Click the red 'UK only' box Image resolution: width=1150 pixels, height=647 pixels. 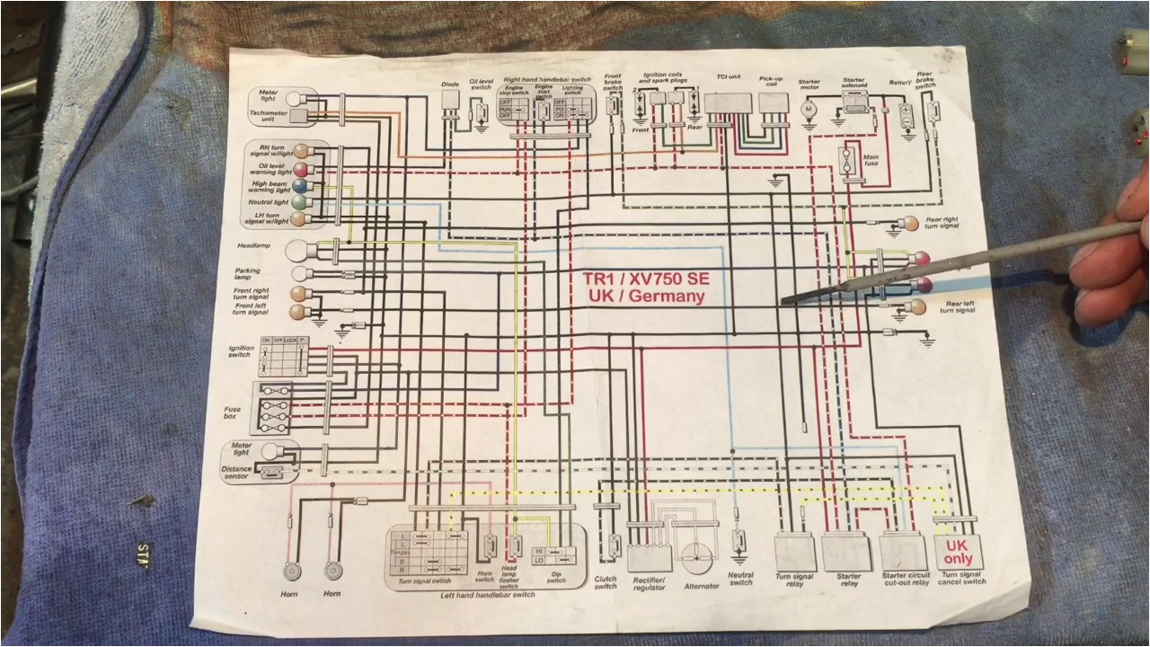[958, 551]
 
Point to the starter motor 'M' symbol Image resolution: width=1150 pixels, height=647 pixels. [807, 109]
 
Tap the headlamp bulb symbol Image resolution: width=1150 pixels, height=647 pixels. [297, 252]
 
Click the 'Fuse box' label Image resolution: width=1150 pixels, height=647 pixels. [233, 412]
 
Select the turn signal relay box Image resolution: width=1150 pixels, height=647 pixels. [794, 550]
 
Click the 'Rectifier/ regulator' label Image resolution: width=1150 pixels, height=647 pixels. [649, 583]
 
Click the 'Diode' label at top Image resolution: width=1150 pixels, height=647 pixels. [450, 84]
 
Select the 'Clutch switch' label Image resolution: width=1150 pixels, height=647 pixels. [606, 582]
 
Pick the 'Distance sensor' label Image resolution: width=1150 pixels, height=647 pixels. [236, 473]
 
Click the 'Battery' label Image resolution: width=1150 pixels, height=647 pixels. [899, 83]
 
